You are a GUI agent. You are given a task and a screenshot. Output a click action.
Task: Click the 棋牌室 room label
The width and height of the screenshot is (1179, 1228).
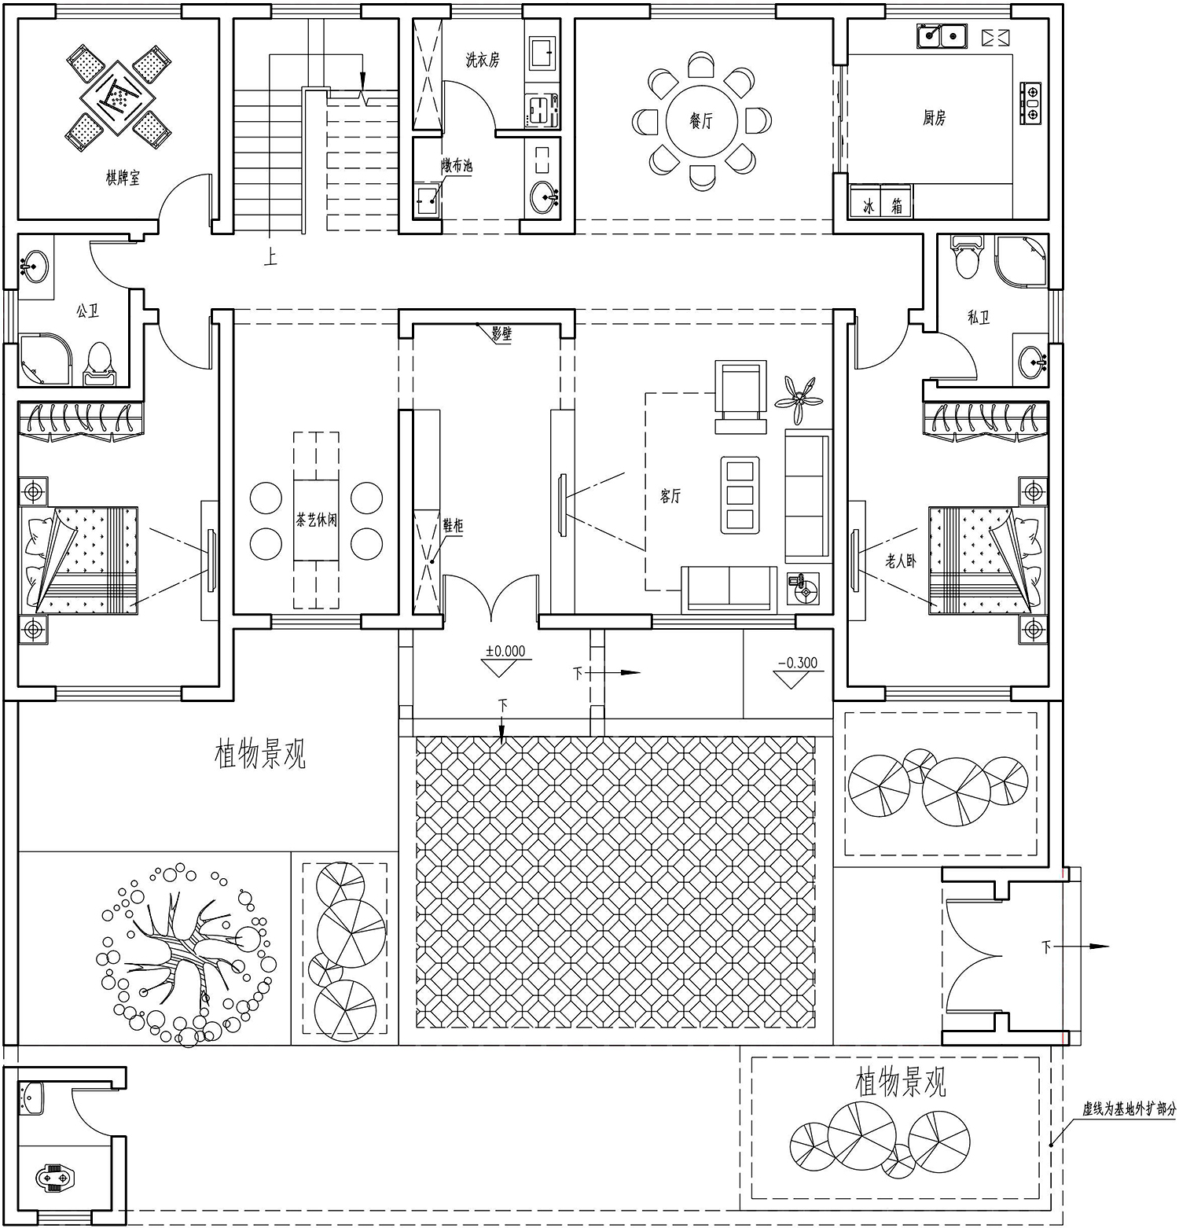pyautogui.click(x=123, y=178)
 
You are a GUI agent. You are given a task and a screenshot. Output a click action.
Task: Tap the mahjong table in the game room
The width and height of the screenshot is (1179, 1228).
pyautogui.click(x=117, y=98)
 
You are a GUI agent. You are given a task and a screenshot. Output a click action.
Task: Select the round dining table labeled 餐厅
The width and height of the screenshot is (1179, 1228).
pyautogui.click(x=701, y=121)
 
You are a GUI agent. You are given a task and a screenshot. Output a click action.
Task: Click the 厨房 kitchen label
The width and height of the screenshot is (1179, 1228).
pyautogui.click(x=934, y=119)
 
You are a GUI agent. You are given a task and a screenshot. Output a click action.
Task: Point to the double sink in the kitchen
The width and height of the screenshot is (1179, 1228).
pyautogui.click(x=942, y=36)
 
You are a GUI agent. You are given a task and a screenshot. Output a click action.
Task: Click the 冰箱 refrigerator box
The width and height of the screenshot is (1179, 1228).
pyautogui.click(x=881, y=202)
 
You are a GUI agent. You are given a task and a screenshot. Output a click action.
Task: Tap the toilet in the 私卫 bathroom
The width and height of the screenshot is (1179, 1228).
pyautogui.click(x=966, y=256)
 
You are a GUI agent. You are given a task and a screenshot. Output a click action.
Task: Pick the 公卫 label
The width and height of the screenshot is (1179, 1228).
pyautogui.click(x=87, y=311)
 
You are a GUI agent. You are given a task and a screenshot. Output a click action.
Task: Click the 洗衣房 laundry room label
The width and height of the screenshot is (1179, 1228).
pyautogui.click(x=482, y=60)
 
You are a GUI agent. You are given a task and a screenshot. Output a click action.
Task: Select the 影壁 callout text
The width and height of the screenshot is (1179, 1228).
pyautogui.click(x=501, y=334)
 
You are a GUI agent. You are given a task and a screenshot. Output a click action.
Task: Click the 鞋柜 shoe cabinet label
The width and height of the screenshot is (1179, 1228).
pyautogui.click(x=453, y=525)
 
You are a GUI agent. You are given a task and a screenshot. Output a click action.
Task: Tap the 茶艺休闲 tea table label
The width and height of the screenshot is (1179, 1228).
pyautogui.click(x=317, y=520)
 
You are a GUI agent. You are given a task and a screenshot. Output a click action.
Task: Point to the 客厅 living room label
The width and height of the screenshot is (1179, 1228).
pyautogui.click(x=670, y=496)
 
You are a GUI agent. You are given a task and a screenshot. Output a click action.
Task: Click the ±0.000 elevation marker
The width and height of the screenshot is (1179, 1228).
pyautogui.click(x=505, y=651)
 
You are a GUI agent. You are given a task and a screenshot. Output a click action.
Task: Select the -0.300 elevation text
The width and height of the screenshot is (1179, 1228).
pyautogui.click(x=798, y=663)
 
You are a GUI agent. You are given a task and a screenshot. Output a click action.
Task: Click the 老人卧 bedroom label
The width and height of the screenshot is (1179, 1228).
pyautogui.click(x=901, y=561)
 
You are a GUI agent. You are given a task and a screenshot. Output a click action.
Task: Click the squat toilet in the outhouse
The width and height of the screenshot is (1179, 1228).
pyautogui.click(x=56, y=1178)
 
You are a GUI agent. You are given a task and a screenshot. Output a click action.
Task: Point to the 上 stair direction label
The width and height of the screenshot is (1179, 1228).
pyautogui.click(x=270, y=257)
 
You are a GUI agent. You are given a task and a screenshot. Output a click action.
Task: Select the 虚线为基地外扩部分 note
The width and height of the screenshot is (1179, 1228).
pyautogui.click(x=1129, y=1109)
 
